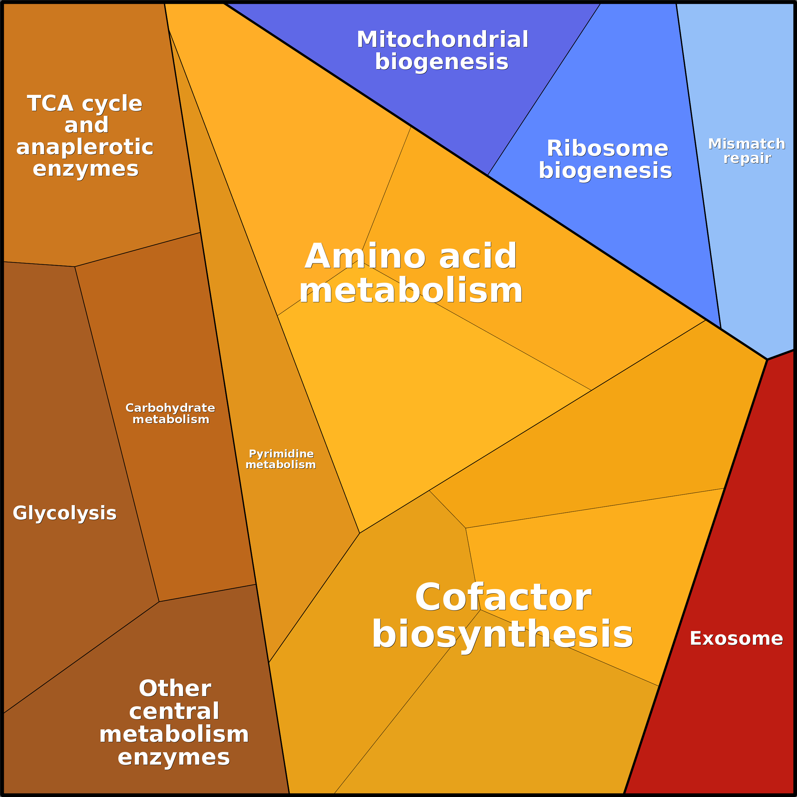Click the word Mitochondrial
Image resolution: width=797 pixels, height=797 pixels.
[x=442, y=40]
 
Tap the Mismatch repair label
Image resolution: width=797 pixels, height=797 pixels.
[x=747, y=151]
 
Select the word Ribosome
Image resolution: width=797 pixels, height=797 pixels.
[x=607, y=148]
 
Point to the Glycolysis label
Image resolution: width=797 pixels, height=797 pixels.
[x=65, y=513]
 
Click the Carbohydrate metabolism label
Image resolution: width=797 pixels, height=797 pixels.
[x=170, y=414]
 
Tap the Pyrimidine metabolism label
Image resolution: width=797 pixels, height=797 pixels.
[x=281, y=459]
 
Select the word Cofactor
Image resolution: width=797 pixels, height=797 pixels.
[x=503, y=597]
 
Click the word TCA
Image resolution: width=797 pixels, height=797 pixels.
[x=50, y=103]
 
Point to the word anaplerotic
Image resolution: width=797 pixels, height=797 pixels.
[x=85, y=147]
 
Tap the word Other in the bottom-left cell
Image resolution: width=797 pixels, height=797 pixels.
[x=175, y=688]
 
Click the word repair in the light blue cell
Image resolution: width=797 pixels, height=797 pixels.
[x=747, y=158]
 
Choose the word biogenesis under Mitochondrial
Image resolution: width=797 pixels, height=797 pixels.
[x=441, y=62]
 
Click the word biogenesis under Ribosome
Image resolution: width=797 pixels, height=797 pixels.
[x=605, y=171]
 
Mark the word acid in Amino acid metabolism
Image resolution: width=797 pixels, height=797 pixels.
[x=478, y=257]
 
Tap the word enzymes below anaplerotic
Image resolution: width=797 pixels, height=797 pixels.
[x=85, y=169]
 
